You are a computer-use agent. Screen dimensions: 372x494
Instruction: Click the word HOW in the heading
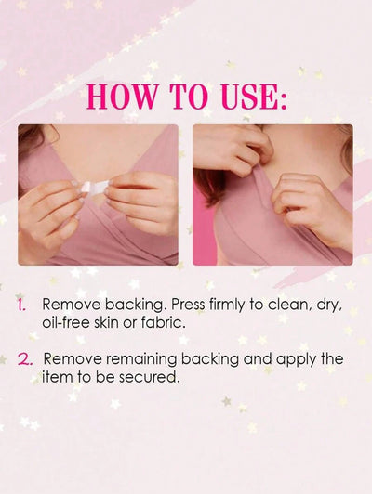tap(121, 96)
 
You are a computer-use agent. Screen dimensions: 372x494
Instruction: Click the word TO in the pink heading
tap(189, 96)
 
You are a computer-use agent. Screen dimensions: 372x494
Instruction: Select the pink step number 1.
tap(21, 305)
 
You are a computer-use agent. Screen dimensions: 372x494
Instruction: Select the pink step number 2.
tap(25, 359)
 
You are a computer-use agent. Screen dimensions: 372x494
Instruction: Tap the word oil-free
tap(66, 322)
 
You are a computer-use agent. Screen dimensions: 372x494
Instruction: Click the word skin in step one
tap(106, 322)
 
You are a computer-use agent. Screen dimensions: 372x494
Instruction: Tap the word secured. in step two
tap(153, 377)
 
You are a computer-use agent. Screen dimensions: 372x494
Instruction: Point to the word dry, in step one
tap(329, 305)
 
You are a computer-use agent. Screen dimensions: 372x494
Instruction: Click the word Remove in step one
tap(72, 305)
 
